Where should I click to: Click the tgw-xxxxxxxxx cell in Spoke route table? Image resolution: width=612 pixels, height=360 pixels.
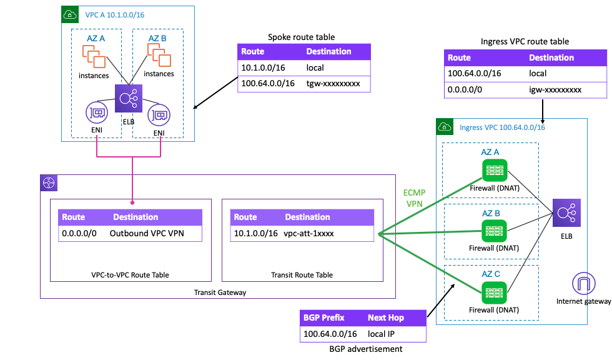click(333, 84)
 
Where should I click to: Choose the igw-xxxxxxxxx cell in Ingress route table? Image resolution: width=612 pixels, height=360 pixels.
click(555, 89)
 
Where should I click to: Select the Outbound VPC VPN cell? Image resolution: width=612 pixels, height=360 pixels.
click(148, 233)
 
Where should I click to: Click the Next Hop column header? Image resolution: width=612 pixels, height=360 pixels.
click(385, 317)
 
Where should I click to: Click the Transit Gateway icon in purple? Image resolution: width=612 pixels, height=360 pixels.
click(49, 183)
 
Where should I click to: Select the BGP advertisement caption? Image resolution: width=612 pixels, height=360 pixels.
click(363, 349)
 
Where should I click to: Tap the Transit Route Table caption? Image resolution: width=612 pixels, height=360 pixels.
click(302, 274)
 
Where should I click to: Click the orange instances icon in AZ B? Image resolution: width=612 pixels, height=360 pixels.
click(159, 57)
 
